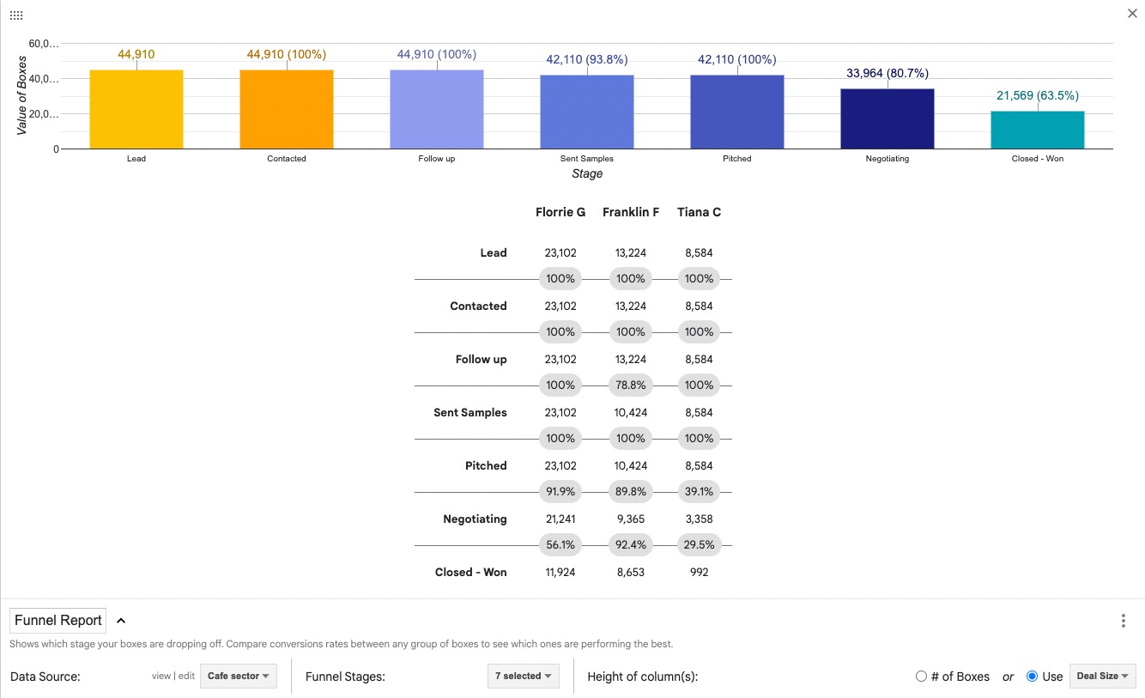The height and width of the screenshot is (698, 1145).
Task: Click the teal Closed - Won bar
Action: (x=1037, y=130)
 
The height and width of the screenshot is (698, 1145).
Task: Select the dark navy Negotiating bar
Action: (x=887, y=118)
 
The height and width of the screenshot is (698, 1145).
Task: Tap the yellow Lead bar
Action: (x=136, y=109)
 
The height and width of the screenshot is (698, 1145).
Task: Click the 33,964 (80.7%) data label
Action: (x=887, y=74)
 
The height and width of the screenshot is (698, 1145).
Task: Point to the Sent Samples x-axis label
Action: (x=587, y=159)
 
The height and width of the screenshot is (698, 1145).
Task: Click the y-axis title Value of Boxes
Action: (x=22, y=95)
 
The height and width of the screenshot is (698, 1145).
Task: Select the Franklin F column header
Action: (x=631, y=212)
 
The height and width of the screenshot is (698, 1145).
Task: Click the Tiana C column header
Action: (x=699, y=212)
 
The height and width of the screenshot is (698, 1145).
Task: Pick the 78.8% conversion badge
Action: (x=631, y=385)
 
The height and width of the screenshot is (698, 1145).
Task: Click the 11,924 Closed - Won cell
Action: (x=560, y=573)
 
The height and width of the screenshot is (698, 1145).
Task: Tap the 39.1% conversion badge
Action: (x=699, y=492)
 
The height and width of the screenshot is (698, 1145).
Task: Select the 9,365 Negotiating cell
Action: (x=631, y=519)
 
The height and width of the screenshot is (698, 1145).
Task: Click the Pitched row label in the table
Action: (x=486, y=466)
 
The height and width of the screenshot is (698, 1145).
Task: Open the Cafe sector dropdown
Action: (x=238, y=677)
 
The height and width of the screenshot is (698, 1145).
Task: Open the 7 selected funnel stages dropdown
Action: (x=523, y=677)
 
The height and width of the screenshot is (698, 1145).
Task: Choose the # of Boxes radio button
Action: (x=921, y=677)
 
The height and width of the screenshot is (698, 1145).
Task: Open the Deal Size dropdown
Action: (x=1102, y=677)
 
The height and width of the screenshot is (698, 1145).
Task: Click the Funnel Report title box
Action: (x=58, y=620)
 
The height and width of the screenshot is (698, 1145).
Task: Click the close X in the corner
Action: (x=1132, y=13)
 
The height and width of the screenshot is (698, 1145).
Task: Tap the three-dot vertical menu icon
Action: (x=1124, y=621)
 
